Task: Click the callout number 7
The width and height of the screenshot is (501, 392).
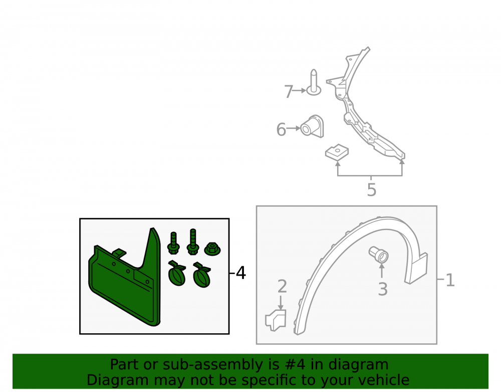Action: [x=289, y=91]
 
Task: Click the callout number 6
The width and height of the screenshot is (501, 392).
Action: [x=281, y=129]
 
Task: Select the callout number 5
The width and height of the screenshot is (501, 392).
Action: [x=372, y=190]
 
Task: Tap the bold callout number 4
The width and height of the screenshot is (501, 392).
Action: [x=241, y=273]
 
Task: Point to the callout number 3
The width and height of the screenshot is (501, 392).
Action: [x=383, y=289]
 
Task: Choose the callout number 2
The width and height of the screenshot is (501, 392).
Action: [x=282, y=286]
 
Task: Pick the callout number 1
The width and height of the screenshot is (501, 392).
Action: [x=450, y=280]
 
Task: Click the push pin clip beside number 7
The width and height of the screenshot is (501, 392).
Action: [x=314, y=82]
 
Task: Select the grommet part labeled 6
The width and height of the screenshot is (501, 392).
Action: [x=312, y=126]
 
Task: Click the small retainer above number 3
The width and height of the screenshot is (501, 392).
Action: [x=379, y=254]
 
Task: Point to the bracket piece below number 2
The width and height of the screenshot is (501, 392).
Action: [x=276, y=320]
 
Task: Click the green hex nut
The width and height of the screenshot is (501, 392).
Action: [x=212, y=249]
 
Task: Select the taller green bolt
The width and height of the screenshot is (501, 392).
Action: [x=193, y=242]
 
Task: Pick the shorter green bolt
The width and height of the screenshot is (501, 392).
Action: [x=173, y=243]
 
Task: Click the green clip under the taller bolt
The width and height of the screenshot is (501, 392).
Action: [x=202, y=275]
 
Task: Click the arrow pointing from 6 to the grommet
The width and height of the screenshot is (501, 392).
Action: [x=293, y=128]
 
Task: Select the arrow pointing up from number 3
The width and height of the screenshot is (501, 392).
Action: [x=381, y=271]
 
